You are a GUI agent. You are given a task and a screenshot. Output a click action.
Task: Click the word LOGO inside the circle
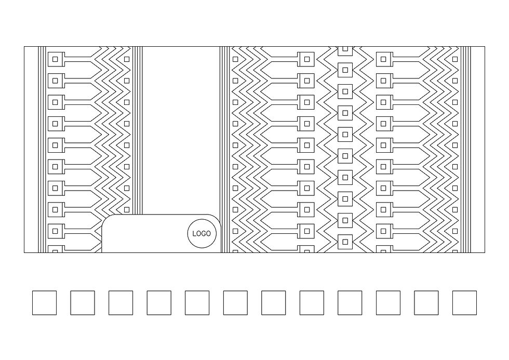click(202, 234)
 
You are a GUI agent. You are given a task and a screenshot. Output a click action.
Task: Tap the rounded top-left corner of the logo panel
click(106, 219)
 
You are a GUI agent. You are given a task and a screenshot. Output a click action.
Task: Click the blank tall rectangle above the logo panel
click(180, 130)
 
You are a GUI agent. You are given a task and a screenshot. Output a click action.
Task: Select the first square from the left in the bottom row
click(44, 303)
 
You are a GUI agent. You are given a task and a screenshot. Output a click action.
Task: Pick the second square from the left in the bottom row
click(83, 303)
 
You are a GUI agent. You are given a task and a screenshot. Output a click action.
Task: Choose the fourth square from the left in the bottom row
click(159, 303)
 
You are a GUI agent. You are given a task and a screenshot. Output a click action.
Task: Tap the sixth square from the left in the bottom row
click(235, 303)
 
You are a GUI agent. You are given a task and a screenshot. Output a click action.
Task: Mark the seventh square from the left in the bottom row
click(273, 303)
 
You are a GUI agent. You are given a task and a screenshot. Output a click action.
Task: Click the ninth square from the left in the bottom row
click(350, 303)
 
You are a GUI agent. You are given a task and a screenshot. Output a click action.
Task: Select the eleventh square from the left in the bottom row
click(426, 303)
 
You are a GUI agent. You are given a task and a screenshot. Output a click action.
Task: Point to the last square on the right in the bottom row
click(464, 303)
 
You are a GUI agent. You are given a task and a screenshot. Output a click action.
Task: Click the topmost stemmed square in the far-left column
click(55, 59)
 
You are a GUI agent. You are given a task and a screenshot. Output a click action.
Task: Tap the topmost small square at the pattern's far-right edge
click(455, 59)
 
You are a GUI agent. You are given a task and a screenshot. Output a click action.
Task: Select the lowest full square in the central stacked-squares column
click(345, 242)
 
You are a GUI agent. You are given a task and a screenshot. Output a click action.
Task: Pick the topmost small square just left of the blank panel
click(127, 59)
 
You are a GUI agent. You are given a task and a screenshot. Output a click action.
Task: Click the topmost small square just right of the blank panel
click(235, 59)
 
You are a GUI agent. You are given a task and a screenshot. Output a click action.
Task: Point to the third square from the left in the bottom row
click(120, 303)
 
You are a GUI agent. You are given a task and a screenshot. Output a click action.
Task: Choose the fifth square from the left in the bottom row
click(197, 303)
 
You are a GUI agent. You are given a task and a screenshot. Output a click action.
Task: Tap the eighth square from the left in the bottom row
click(312, 303)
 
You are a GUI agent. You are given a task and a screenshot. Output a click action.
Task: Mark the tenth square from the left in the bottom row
click(388, 303)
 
